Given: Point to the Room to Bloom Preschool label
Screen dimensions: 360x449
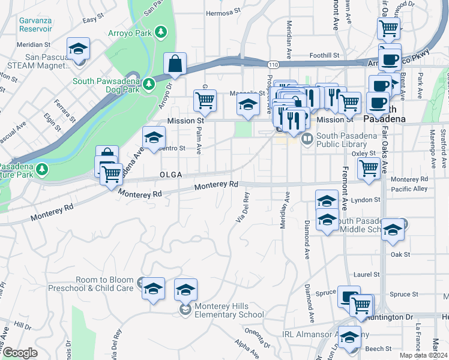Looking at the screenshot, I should coord(104,284).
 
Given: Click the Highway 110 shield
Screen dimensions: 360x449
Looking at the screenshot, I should coord(273,64).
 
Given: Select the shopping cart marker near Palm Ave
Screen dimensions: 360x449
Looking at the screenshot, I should coord(205,100).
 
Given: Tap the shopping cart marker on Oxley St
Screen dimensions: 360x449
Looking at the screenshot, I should coord(369,167).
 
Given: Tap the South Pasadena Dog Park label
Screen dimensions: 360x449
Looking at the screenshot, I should coord(105,85).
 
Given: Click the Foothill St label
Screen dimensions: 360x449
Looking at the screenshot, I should coord(325,55).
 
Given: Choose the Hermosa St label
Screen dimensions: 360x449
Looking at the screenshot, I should coord(223,11).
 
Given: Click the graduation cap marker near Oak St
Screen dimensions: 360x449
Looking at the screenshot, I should coord(393,230).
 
